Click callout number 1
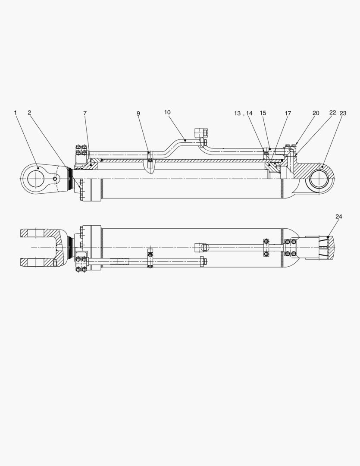tap(15, 113)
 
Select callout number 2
tap(29, 113)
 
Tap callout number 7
tap(85, 113)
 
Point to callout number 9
tap(138, 113)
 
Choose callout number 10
tap(167, 112)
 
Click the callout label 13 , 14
tap(243, 113)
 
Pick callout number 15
tap(263, 113)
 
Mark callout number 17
tap(288, 113)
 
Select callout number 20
tap(316, 113)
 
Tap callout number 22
tap(332, 113)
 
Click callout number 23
tap(343, 113)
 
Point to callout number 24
tap(338, 217)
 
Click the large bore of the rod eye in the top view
tap(36, 178)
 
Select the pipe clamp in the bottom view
tap(150, 258)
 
